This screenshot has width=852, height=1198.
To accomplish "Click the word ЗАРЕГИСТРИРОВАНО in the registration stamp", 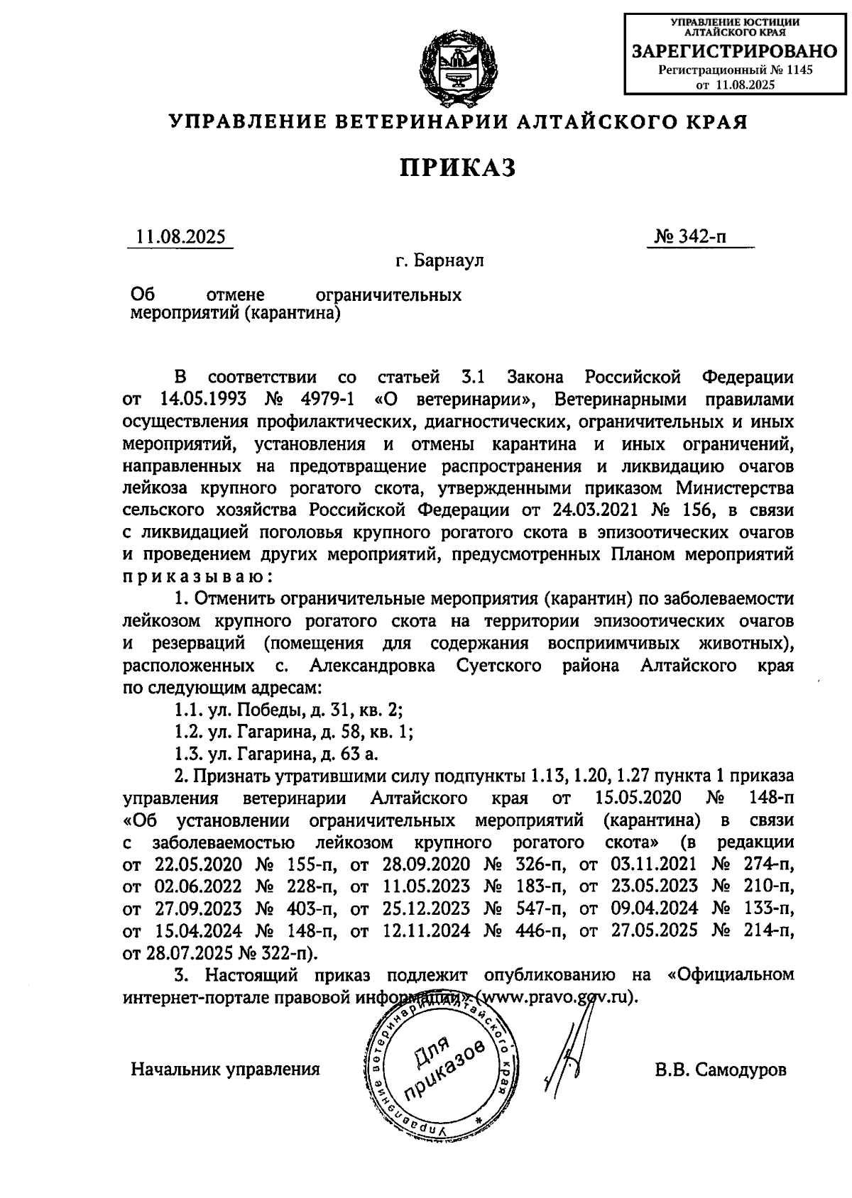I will [734, 51].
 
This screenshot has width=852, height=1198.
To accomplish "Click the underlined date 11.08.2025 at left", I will [180, 236].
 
